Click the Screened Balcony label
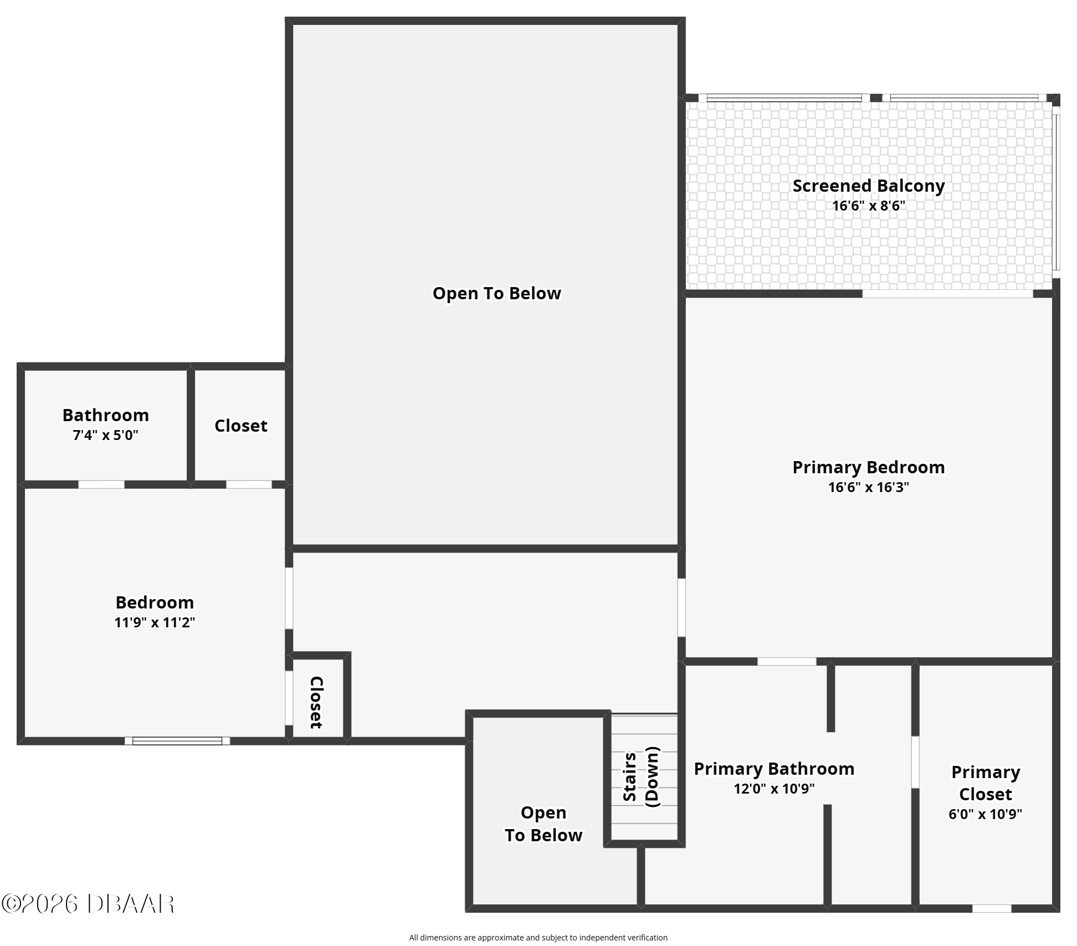[868, 186]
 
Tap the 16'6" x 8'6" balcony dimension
[868, 206]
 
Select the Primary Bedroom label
[868, 467]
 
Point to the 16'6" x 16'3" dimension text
[868, 487]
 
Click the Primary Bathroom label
[774, 769]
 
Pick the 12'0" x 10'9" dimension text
[774, 789]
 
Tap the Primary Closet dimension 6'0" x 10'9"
[985, 814]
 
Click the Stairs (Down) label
[641, 777]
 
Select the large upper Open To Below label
[496, 293]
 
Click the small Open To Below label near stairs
[543, 824]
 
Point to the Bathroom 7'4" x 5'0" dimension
[105, 436]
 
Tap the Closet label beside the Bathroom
[240, 426]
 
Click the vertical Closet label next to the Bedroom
[316, 702]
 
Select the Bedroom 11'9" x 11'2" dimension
[155, 622]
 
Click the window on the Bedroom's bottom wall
[177, 741]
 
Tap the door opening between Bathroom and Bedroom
[101, 484]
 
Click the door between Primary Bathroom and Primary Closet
[915, 761]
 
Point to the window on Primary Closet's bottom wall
[992, 908]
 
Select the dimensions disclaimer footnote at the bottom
[538, 938]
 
